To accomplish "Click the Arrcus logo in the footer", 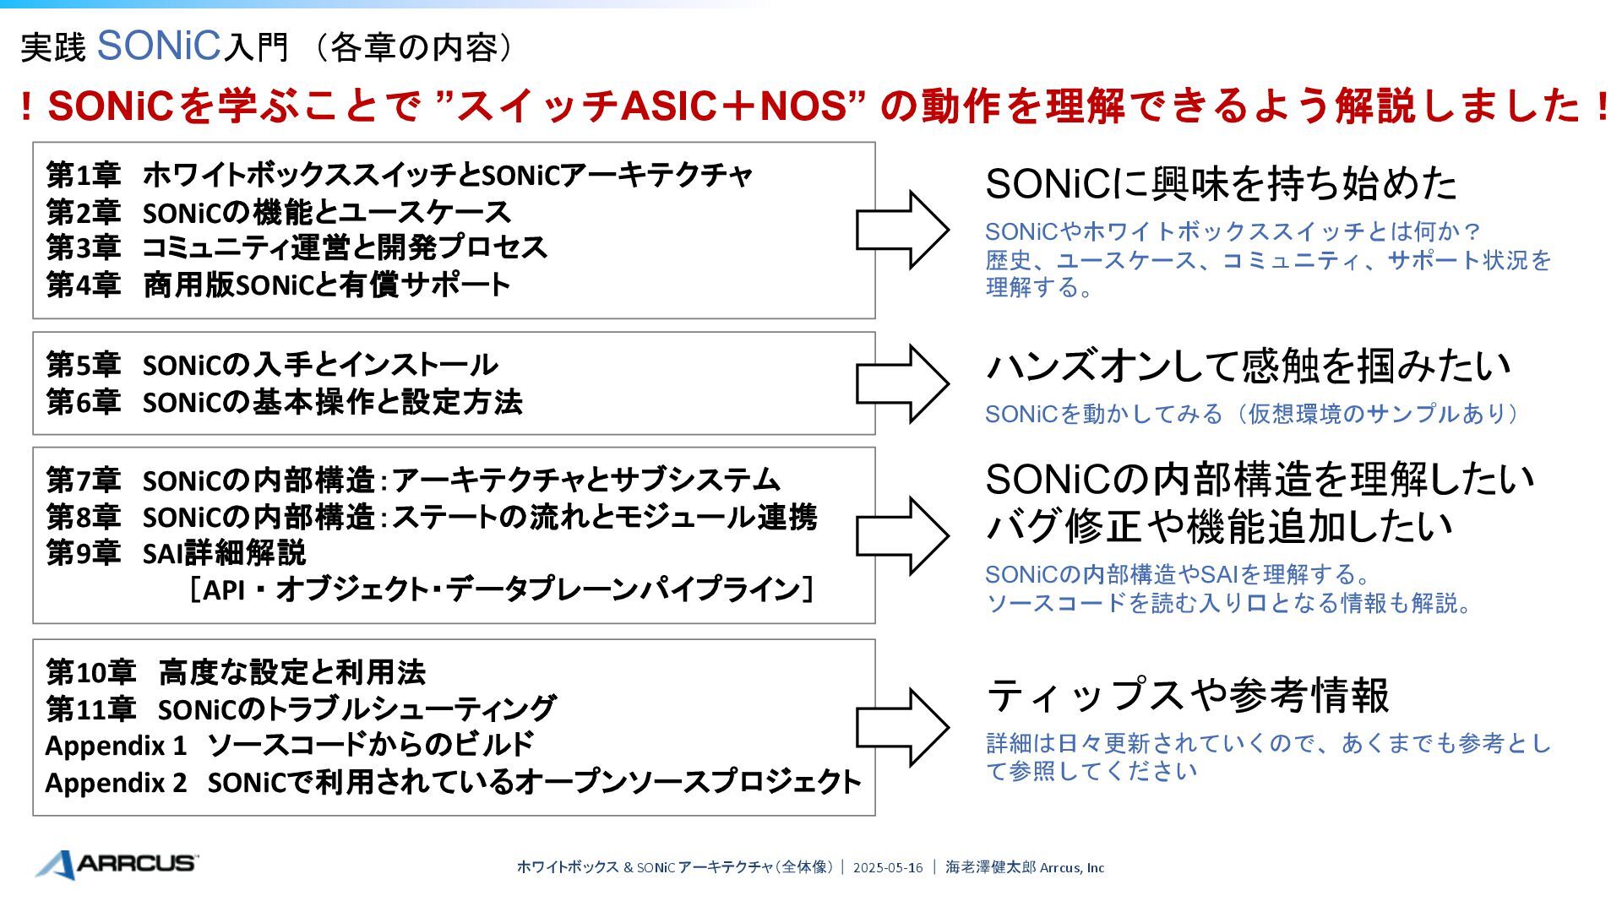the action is (117, 864).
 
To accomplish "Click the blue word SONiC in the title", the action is (159, 46).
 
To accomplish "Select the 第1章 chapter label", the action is (83, 176).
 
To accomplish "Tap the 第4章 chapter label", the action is (83, 285).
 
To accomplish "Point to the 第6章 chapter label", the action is (83, 402).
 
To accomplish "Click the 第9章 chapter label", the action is (83, 553).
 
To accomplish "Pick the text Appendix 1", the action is (116, 746).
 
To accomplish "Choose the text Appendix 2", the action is (116, 783).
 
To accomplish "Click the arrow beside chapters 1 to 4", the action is (902, 230).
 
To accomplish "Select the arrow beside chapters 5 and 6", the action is (902, 383).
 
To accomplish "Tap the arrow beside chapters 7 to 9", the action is (902, 535).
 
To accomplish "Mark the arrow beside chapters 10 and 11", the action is (902, 727).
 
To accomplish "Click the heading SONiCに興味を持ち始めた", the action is (1221, 184).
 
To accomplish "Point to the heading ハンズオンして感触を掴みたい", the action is (1248, 366).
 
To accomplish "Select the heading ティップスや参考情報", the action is (1188, 696).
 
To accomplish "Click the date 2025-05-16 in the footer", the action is (887, 867).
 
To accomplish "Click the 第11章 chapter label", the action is (90, 709).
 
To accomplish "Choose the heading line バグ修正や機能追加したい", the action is (1219, 526).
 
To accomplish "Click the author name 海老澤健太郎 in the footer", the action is (990, 867).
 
